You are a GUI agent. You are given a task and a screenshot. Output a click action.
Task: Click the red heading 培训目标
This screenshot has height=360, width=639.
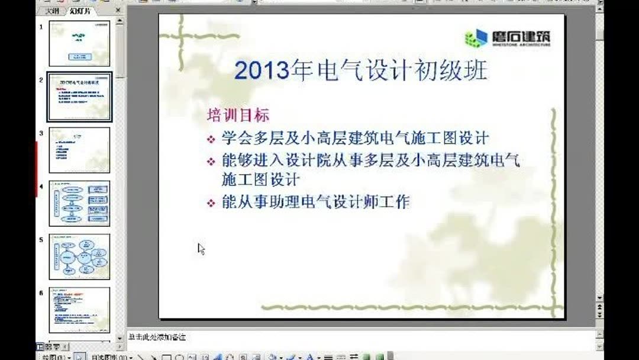237,114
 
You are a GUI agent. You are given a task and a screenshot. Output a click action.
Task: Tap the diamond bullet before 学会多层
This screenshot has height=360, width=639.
211,140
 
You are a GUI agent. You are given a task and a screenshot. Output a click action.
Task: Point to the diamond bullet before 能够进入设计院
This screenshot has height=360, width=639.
211,161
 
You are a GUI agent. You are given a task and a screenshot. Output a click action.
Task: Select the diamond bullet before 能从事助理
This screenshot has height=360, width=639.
211,203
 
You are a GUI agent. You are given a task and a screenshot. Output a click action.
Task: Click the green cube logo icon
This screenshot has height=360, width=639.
476,38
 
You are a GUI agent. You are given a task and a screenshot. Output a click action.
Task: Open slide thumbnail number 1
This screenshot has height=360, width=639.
79,43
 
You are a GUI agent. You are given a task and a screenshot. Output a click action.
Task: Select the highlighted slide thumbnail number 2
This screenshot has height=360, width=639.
79,97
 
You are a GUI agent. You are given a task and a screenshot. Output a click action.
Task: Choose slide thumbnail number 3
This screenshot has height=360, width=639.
79,150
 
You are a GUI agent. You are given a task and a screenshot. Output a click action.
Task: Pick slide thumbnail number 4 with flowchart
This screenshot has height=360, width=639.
79,203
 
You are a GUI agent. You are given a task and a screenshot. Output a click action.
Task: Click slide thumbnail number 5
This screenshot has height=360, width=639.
79,256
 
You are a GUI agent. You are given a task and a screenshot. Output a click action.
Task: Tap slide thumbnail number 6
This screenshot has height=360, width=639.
79,310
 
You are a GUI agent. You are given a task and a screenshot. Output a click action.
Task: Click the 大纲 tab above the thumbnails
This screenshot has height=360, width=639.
51,11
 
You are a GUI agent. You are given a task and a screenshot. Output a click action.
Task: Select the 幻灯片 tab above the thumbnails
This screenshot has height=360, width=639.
80,11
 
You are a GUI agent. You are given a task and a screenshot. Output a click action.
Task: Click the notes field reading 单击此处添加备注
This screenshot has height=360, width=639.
157,337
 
